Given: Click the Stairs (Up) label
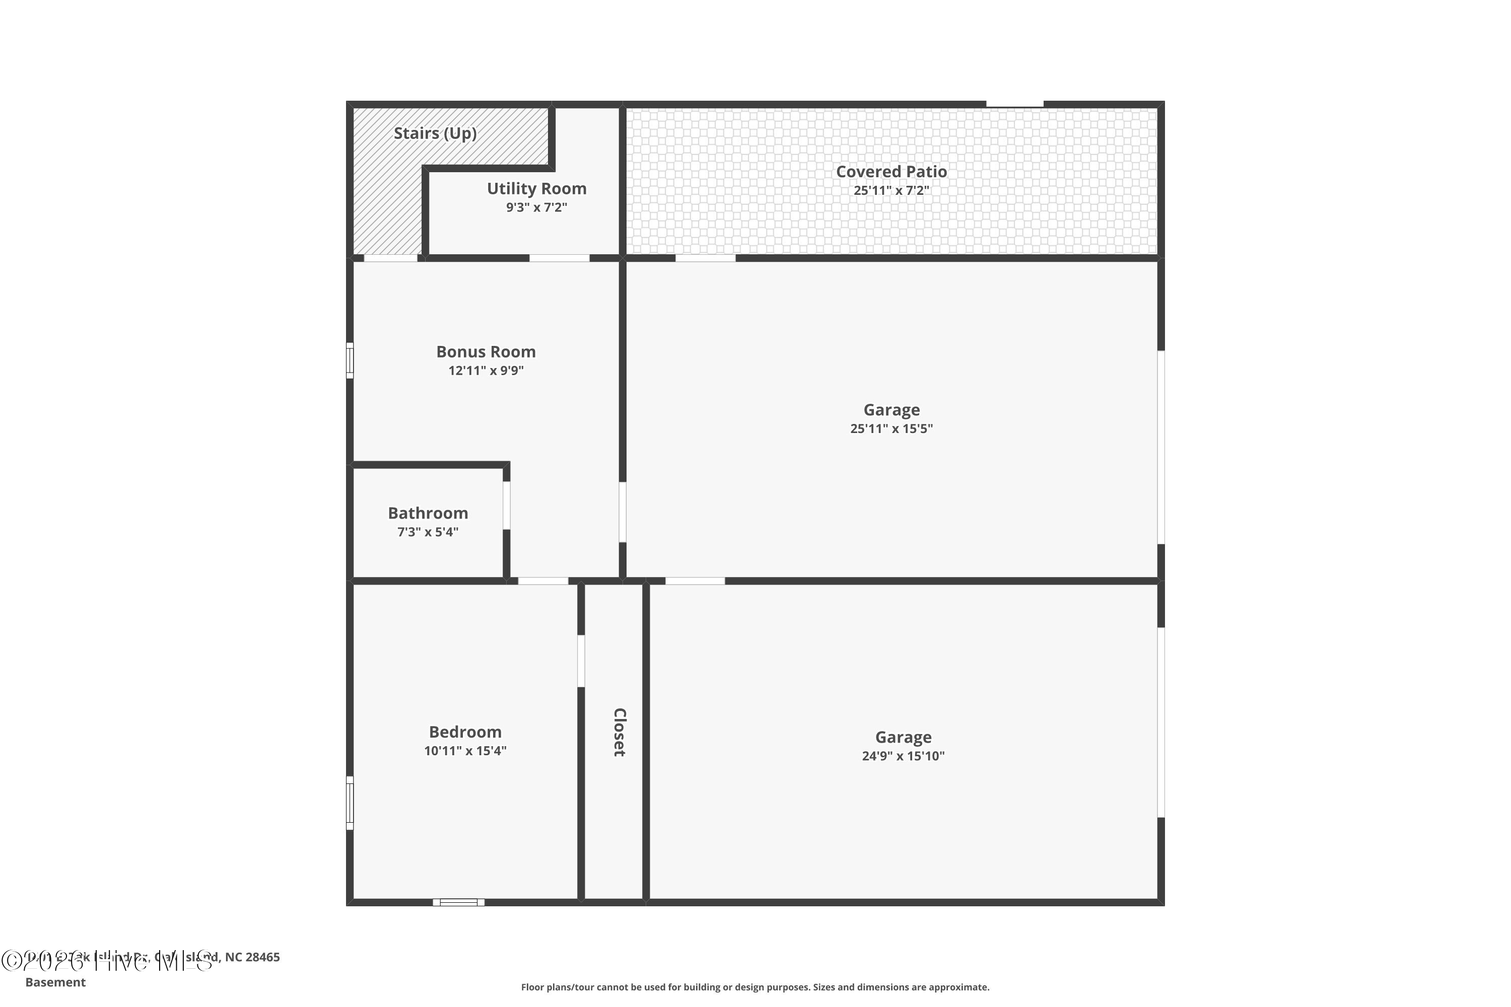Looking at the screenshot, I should pos(435,133).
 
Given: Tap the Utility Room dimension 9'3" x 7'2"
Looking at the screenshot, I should pos(536,207).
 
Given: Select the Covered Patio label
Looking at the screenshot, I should pos(891,172).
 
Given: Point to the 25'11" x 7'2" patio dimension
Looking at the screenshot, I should pos(891,191).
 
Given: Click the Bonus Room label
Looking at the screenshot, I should pos(486,352).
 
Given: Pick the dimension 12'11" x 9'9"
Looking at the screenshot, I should pos(486,371).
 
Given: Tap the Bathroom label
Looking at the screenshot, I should pos(428,513).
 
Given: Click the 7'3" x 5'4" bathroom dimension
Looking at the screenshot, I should pos(428,532).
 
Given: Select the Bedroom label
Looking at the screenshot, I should pos(465,732).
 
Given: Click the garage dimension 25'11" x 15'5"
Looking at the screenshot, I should pos(891,428).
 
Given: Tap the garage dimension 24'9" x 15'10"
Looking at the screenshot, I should pos(903,756).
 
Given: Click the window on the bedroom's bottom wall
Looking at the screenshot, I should pos(459,902).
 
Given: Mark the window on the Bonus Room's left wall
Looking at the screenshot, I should pos(350,361).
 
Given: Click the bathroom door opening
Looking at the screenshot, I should pos(506,506).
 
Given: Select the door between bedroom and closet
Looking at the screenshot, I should pos(581,661).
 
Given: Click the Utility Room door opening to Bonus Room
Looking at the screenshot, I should pos(559,258).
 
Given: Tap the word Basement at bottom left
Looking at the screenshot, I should pos(55,982).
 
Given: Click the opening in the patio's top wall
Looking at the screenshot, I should pos(1014,104).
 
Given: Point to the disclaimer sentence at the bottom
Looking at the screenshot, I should pos(755,987).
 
